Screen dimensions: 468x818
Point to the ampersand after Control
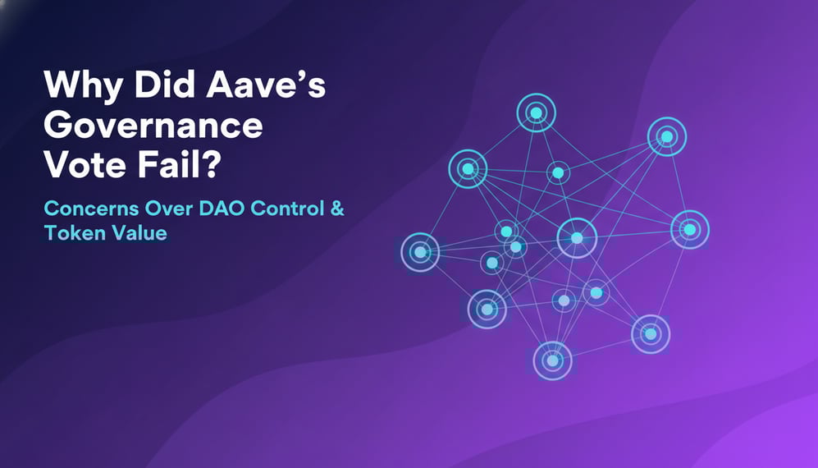(336, 209)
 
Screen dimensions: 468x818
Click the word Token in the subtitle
(68, 233)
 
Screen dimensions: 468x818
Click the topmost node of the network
(536, 112)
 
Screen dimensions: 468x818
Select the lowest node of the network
(552, 360)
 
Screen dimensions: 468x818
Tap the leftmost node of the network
(420, 252)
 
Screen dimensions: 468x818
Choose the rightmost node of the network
(689, 230)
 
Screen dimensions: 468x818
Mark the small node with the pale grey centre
(564, 301)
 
